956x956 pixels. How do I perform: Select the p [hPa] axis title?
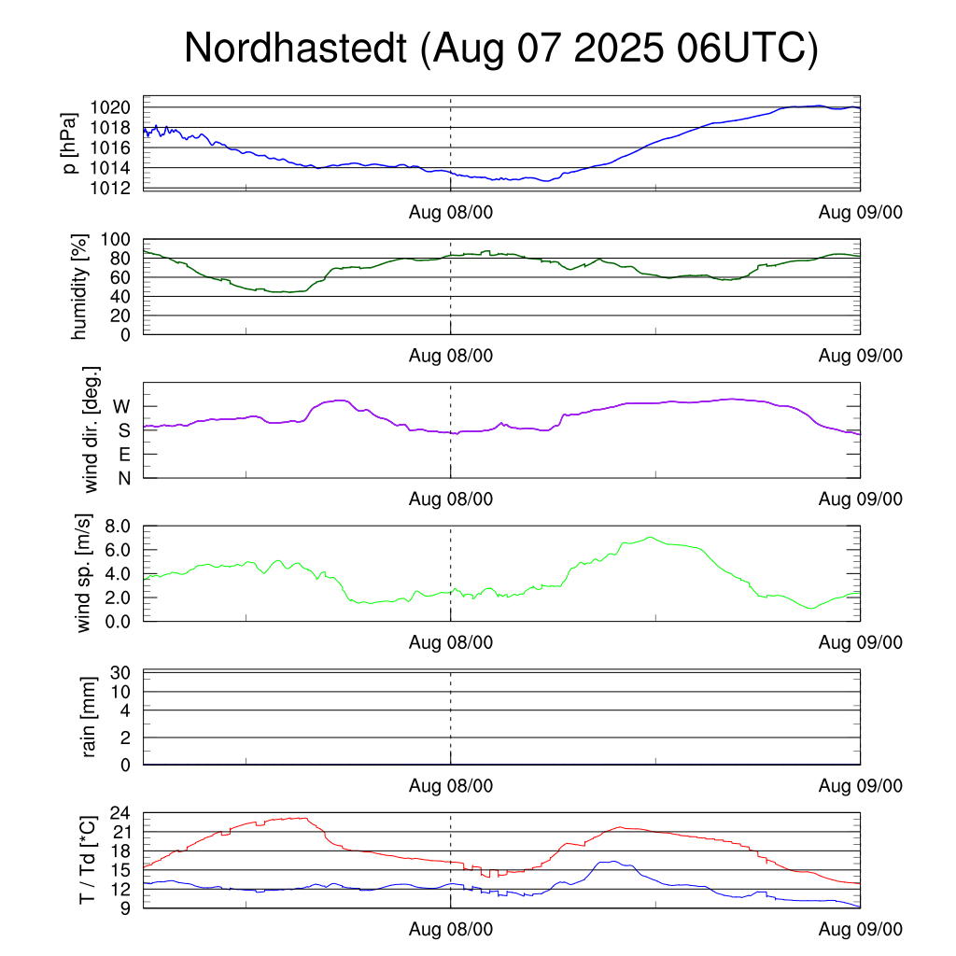tap(69, 142)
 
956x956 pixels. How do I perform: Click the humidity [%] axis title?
tap(79, 287)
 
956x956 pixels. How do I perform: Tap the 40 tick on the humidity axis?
tap(126, 297)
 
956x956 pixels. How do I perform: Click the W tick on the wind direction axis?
tap(122, 406)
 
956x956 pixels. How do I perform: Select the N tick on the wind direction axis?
tap(123, 478)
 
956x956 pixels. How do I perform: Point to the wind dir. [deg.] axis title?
tap(91, 429)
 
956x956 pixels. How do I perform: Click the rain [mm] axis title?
tap(91, 717)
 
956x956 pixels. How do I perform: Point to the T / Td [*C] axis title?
tap(87, 859)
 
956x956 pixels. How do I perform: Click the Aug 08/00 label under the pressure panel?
tap(451, 212)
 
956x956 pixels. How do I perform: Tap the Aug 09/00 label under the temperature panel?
tap(860, 930)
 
